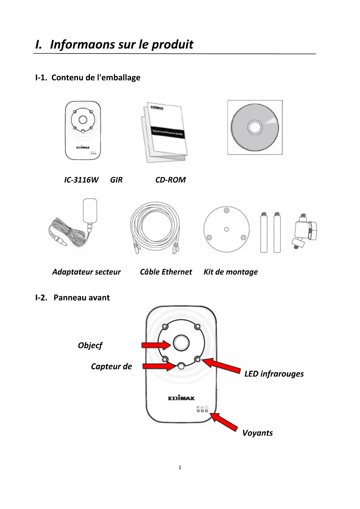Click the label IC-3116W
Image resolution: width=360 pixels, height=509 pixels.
(81, 180)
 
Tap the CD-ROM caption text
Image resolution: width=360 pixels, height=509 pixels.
(170, 180)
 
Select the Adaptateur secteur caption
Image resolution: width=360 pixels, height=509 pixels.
(86, 272)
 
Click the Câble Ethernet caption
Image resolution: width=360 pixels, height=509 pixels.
(166, 272)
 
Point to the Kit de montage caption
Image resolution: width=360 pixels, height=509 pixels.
(231, 272)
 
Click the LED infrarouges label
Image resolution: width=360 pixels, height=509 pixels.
(274, 374)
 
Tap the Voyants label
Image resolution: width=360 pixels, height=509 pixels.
(257, 433)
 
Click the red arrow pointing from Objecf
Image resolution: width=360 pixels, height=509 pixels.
(156, 345)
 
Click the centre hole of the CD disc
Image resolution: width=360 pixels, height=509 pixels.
(255, 127)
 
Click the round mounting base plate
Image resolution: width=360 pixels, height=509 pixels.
(227, 229)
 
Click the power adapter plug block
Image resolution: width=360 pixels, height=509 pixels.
(90, 210)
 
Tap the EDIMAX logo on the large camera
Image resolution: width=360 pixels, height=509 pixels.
(181, 398)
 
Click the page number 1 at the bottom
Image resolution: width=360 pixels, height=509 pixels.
(180, 467)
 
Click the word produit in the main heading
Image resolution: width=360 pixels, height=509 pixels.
(172, 44)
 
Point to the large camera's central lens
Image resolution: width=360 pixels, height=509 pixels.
(181, 343)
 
